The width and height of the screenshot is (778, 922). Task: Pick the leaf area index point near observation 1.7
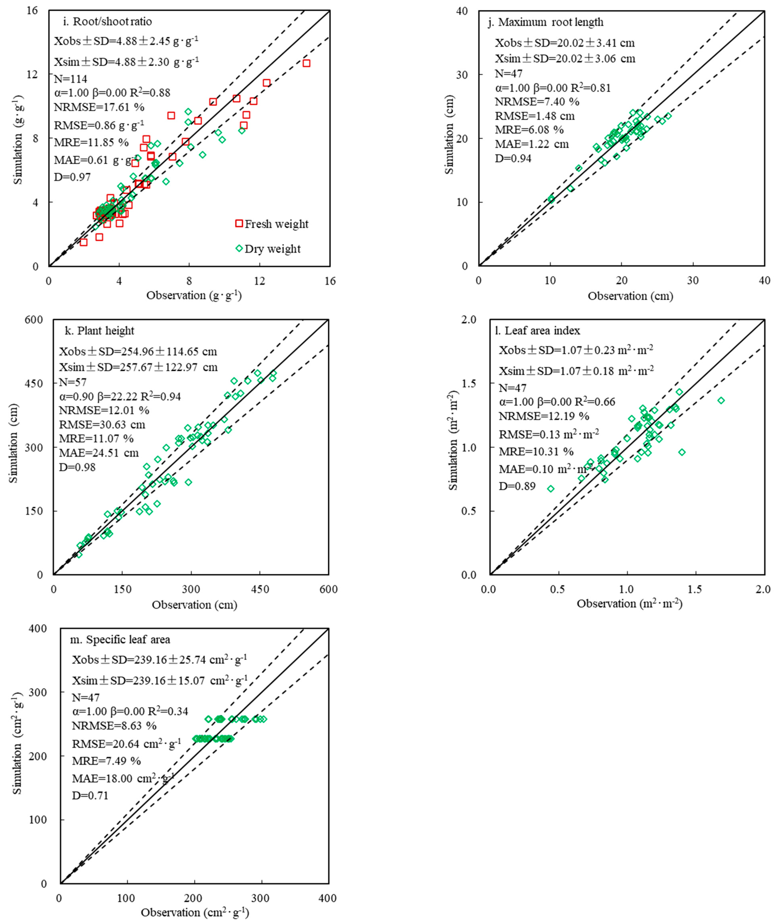[721, 400]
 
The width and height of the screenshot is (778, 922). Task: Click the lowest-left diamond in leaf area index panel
[550, 489]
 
